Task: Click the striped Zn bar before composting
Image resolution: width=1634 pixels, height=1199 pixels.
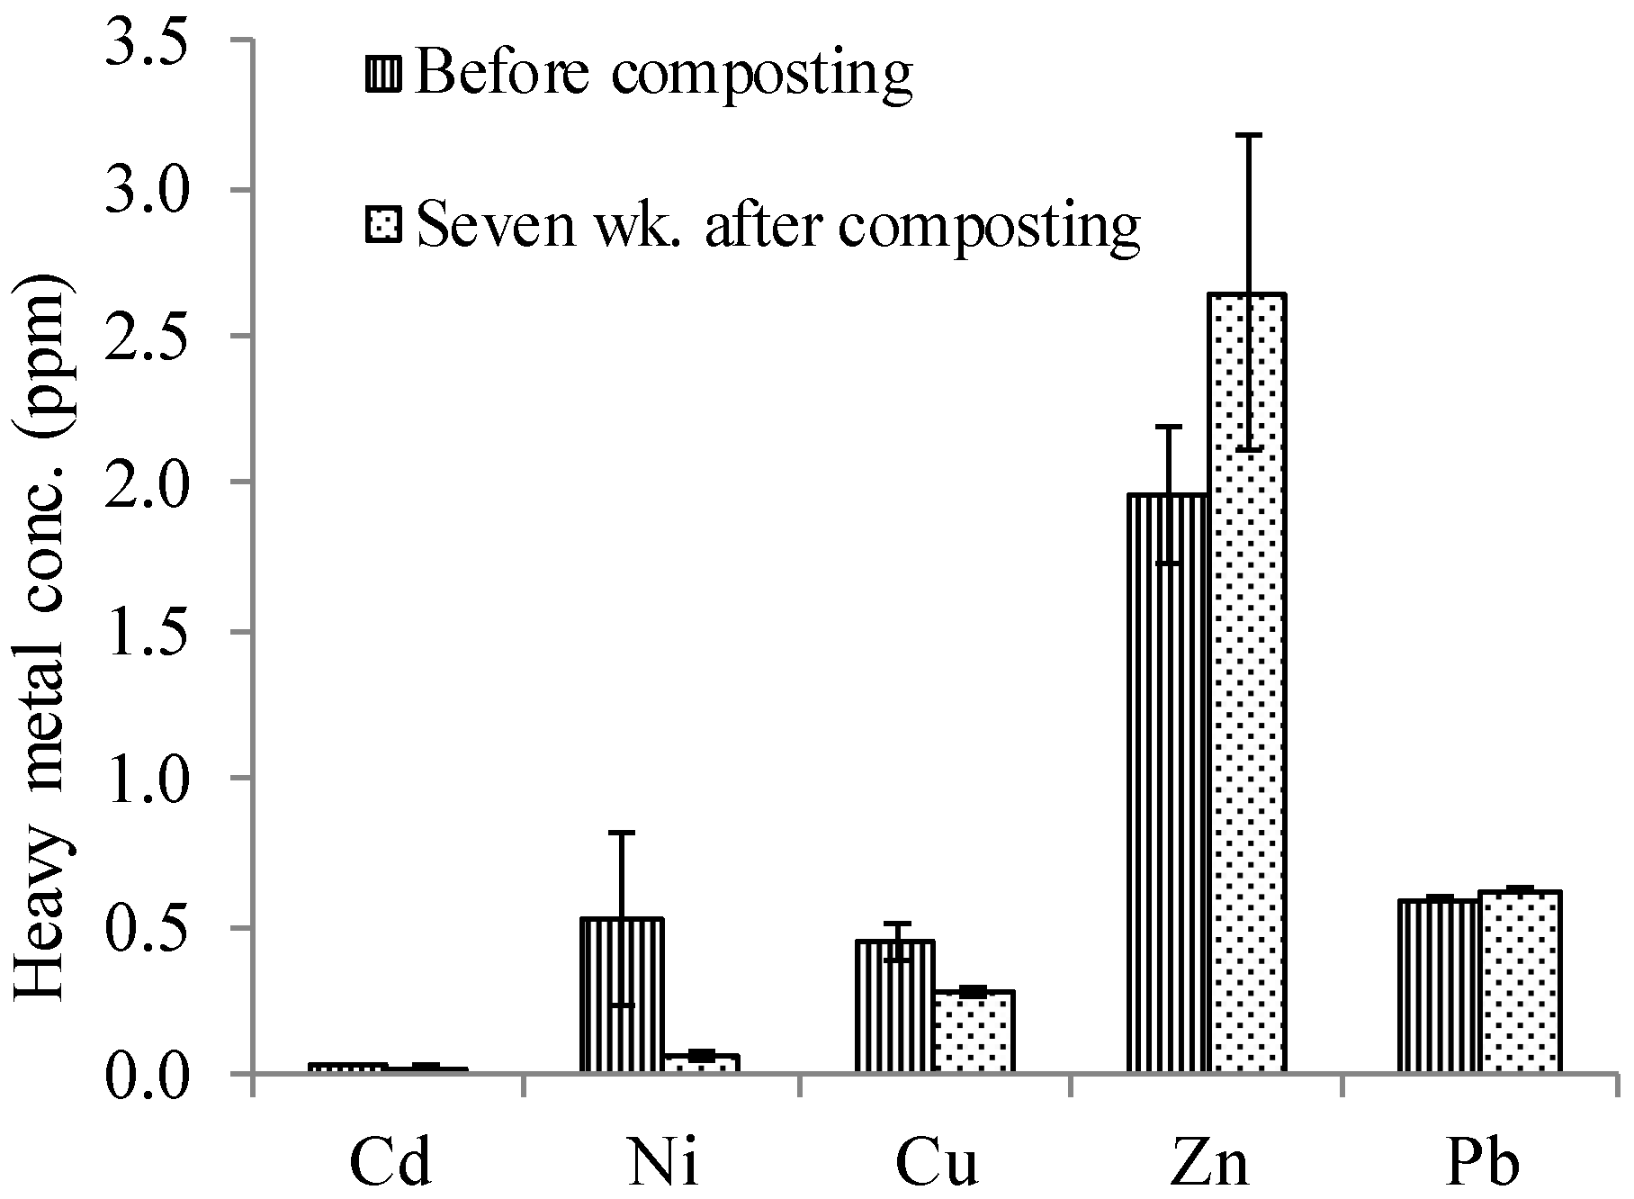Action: (x=1167, y=783)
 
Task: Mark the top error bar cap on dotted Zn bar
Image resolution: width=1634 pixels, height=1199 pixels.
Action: (x=1246, y=135)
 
